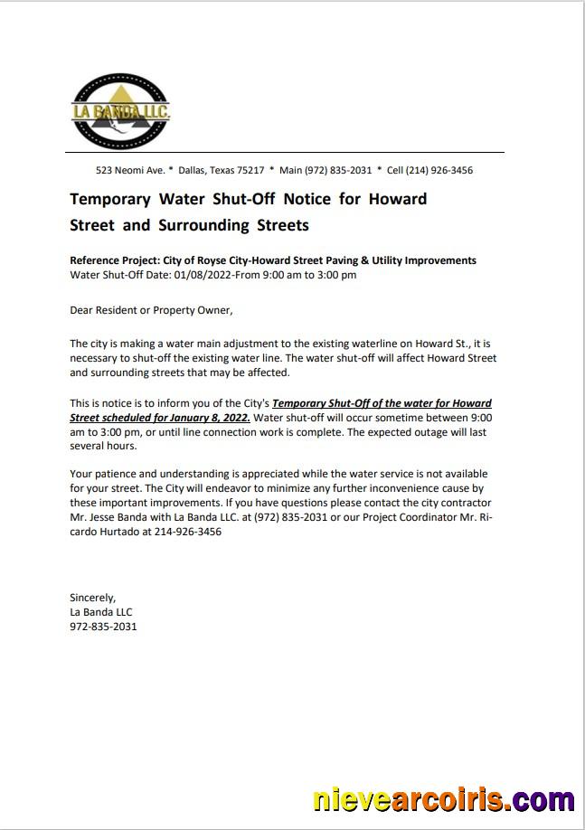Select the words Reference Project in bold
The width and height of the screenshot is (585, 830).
114,260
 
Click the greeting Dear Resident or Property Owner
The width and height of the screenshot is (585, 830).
151,310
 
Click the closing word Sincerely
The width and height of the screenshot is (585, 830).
92,598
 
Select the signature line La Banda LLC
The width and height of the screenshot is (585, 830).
100,612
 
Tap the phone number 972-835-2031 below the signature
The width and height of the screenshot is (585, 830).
103,626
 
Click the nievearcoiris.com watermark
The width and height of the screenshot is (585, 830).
442,799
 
